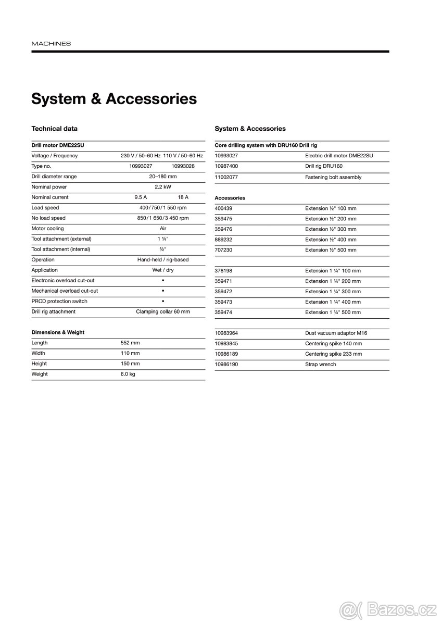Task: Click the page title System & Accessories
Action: point(114,99)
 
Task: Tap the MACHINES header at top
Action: point(51,44)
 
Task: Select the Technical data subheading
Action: point(55,129)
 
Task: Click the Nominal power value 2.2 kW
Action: point(163,187)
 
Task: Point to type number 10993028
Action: point(183,166)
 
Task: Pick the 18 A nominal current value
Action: point(183,197)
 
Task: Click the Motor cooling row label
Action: point(47,229)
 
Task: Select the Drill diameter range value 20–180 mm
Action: point(163,177)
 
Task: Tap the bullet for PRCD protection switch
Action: point(163,302)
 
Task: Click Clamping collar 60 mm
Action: point(163,312)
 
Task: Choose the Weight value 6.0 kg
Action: point(128,374)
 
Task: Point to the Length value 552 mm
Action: point(130,343)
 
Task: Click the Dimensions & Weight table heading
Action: point(58,332)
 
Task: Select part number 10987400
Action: point(226,166)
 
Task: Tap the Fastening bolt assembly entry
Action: point(333,177)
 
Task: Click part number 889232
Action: point(223,240)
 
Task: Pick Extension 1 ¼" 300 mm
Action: point(333,292)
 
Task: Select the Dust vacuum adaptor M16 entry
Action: point(336,333)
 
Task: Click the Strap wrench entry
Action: point(321,365)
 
